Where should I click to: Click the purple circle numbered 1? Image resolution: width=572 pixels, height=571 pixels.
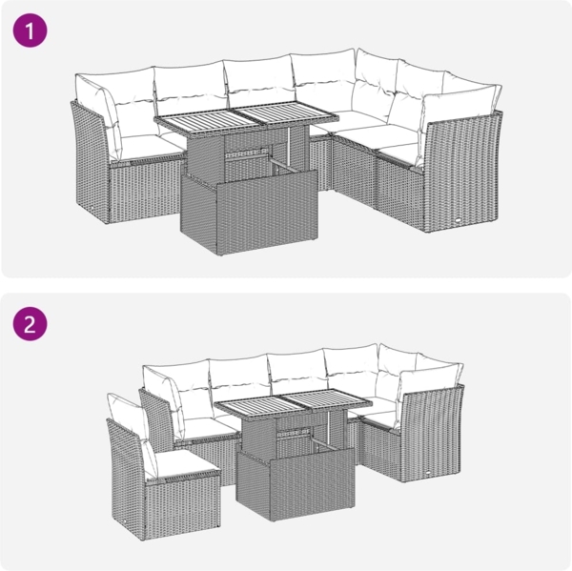[x=30, y=31]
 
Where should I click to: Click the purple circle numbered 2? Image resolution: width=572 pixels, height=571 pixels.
[x=30, y=323]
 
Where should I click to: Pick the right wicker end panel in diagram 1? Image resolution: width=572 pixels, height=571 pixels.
[x=461, y=176]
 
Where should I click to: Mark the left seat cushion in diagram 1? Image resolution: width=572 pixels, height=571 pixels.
[x=133, y=145]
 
